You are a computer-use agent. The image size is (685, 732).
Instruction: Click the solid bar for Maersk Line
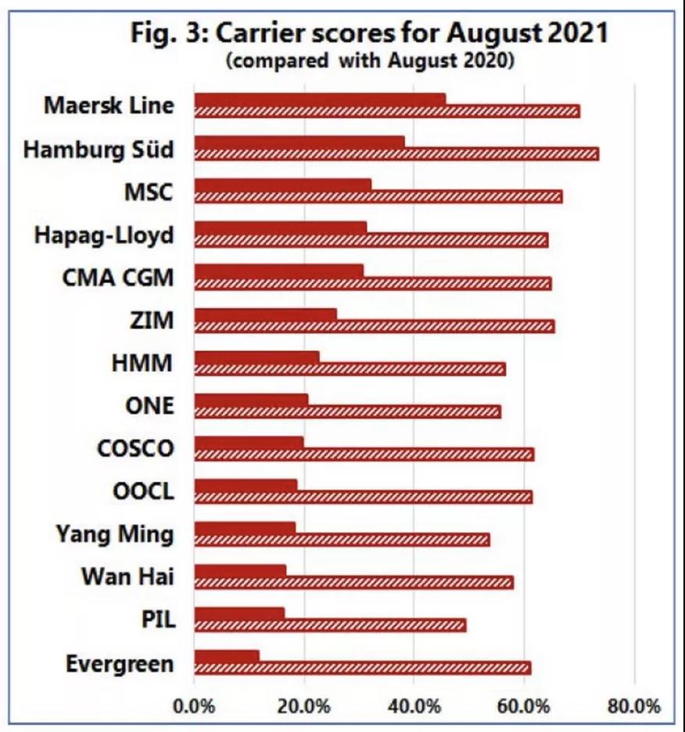[x=319, y=99]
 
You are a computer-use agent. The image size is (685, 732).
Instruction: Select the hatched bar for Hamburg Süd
[x=396, y=154]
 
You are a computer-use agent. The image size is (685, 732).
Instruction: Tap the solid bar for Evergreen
[x=226, y=655]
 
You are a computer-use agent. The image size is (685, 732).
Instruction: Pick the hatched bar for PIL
[x=329, y=625]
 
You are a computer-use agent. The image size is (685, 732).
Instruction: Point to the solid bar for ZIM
[x=265, y=314]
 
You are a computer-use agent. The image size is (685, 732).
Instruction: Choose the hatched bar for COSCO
[x=364, y=454]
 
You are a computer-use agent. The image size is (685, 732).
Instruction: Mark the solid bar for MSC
[x=282, y=185]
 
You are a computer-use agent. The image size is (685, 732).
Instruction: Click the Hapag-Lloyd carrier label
[x=104, y=234]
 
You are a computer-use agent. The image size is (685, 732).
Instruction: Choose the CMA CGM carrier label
[x=117, y=277]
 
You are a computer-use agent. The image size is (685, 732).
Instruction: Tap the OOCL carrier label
[x=143, y=492]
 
